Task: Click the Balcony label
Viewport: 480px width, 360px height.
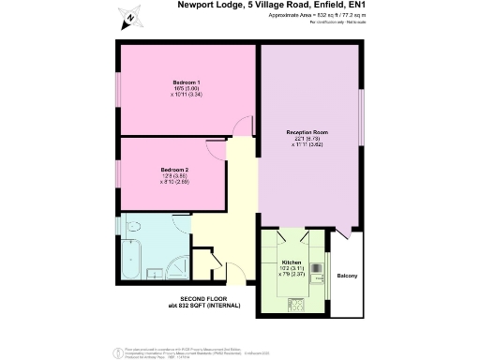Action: pos(347,275)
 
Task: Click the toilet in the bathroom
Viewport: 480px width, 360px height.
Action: pos(131,228)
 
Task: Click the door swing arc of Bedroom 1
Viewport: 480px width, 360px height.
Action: pos(244,126)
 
